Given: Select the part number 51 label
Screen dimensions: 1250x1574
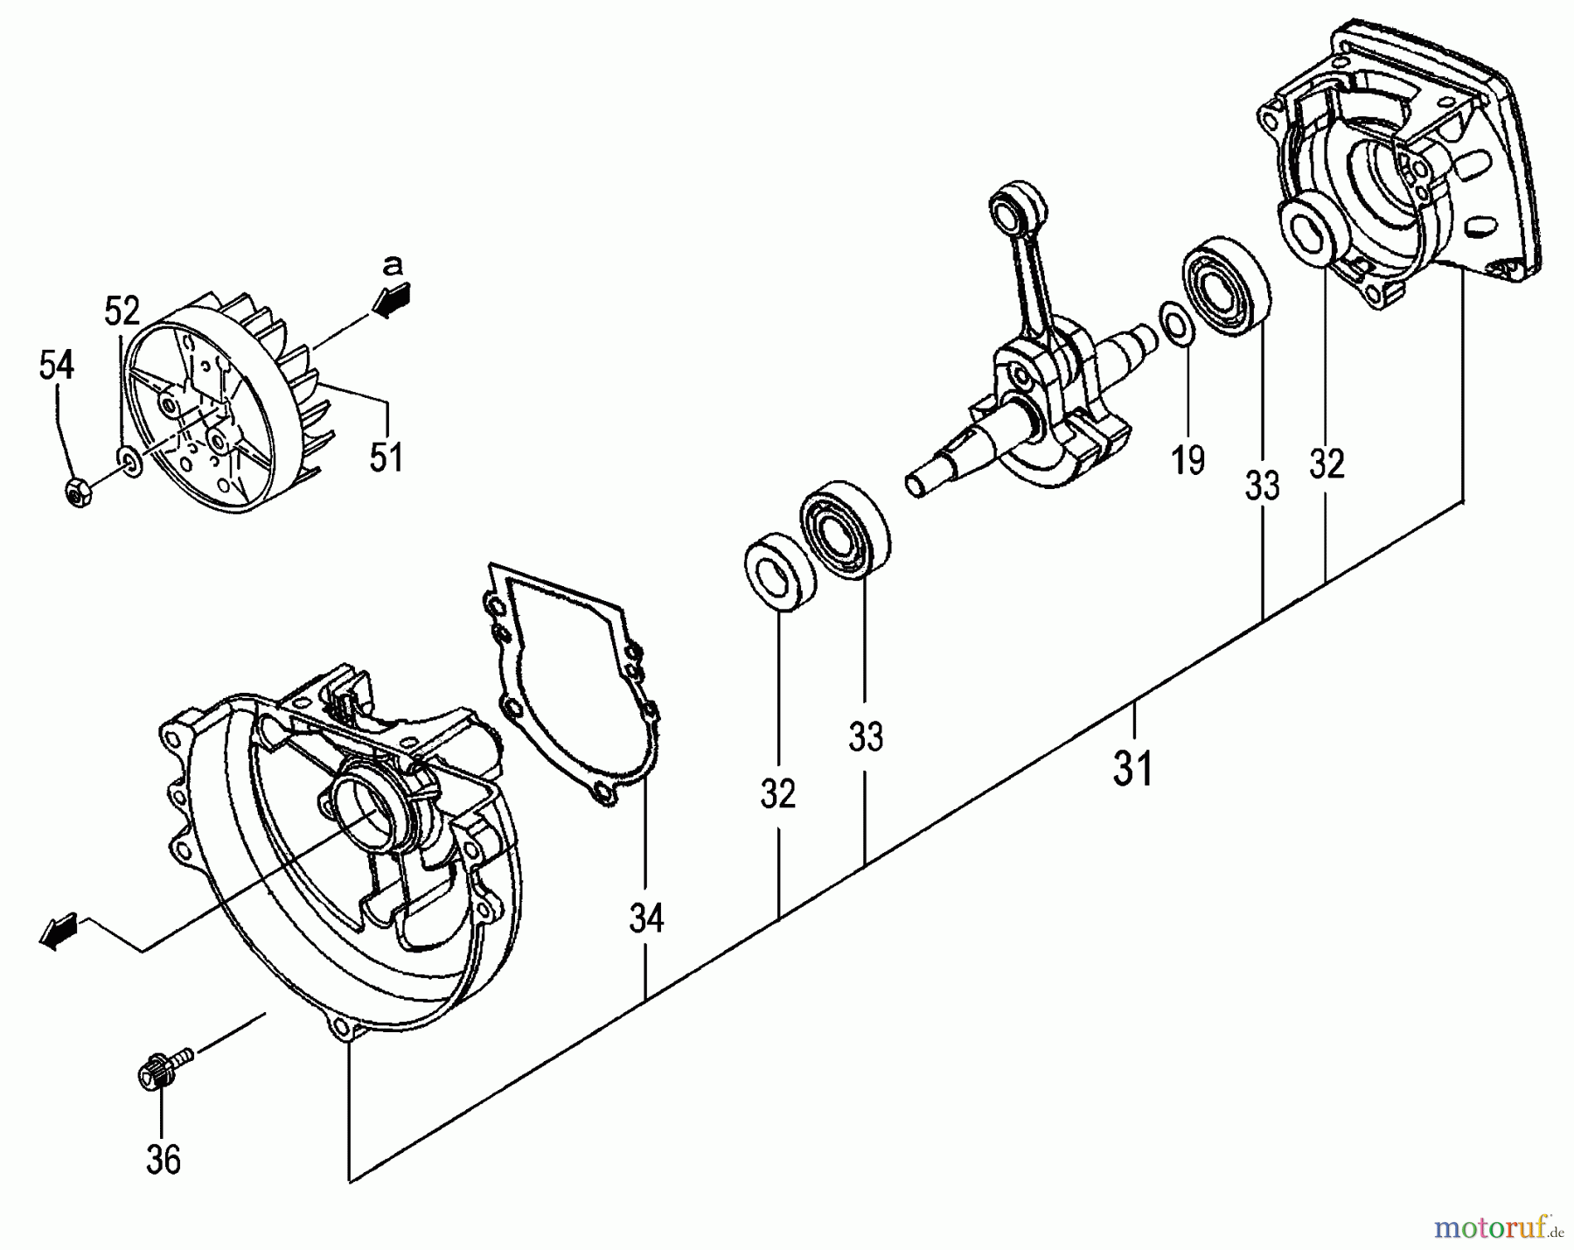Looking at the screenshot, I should coord(386,457).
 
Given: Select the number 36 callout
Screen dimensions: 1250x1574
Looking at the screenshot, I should coord(163,1160).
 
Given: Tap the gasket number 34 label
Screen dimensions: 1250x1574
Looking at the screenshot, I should coord(646,918).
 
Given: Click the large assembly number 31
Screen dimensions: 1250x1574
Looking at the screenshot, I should coord(1133,770).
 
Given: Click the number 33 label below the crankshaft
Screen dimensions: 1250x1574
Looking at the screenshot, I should coord(866,737).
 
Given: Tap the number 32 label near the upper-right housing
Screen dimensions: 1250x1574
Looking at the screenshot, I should coord(1326,464).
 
